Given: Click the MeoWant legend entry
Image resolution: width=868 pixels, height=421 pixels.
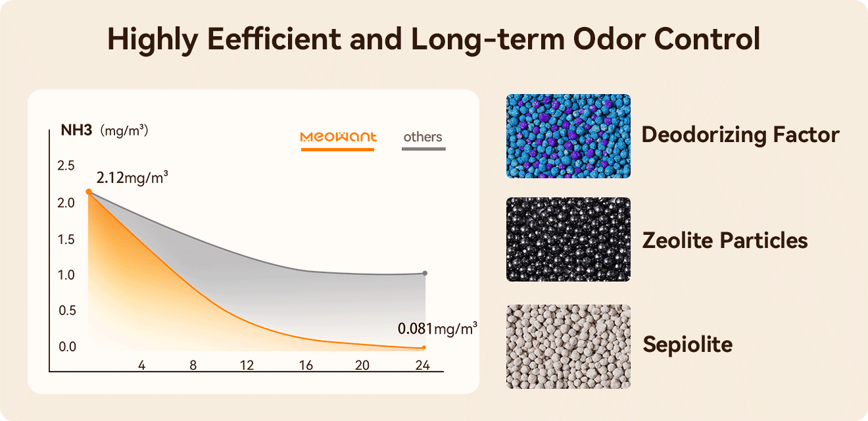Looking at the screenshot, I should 338,137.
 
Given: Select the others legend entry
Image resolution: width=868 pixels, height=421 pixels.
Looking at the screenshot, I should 423,137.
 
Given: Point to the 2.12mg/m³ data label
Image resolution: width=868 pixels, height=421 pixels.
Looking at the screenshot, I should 132,178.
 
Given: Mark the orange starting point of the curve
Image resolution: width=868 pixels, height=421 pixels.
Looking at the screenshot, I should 89,192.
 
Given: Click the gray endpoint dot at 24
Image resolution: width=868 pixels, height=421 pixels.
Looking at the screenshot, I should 425,273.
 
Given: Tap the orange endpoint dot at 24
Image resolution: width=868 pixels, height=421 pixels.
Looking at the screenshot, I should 424,347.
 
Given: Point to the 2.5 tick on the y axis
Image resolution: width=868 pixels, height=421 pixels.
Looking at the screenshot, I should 66,165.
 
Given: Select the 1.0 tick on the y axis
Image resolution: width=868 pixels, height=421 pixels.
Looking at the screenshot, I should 66,275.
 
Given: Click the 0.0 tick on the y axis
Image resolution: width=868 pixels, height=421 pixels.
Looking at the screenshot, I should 67,347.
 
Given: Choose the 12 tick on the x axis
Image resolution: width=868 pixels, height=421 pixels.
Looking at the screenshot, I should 247,365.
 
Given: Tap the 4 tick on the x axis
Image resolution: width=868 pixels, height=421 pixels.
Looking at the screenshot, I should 141,365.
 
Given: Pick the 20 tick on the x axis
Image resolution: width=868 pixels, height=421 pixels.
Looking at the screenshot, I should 362,365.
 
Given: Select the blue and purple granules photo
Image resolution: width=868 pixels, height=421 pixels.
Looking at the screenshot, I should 568,136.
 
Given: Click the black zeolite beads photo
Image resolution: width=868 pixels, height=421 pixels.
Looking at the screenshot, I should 568,239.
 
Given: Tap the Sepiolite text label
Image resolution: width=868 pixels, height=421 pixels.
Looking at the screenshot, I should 687,344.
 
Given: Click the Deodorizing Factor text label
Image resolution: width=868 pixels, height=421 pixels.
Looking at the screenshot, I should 740,135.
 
